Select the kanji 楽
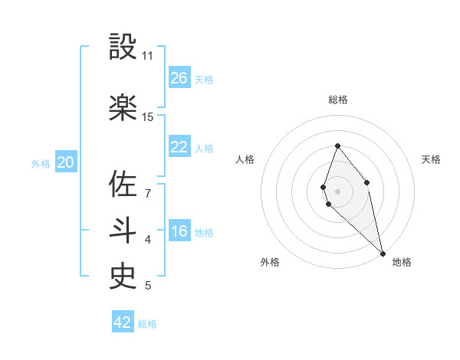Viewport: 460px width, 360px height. pyautogui.click(x=123, y=107)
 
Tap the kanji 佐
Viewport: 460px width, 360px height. pyautogui.click(x=123, y=184)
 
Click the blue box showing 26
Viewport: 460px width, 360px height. pyautogui.click(x=179, y=78)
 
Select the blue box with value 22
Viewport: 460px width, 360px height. pyautogui.click(x=179, y=147)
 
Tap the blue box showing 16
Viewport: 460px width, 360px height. pyautogui.click(x=179, y=231)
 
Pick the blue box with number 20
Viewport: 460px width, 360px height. pyautogui.click(x=66, y=162)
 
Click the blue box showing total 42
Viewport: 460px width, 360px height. pyautogui.click(x=123, y=322)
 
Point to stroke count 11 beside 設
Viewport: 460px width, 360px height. pyautogui.click(x=148, y=56)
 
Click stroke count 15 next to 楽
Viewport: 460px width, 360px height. pyautogui.click(x=148, y=117)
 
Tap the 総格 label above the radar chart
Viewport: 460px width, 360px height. pyautogui.click(x=338, y=100)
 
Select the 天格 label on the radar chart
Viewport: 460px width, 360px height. pyautogui.click(x=431, y=159)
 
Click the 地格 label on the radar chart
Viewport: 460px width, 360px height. pyautogui.click(x=402, y=262)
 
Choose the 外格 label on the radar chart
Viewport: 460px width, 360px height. pyautogui.click(x=270, y=262)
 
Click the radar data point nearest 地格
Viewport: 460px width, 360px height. pyautogui.click(x=383, y=252)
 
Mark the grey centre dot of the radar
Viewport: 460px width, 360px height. pyautogui.click(x=338, y=191)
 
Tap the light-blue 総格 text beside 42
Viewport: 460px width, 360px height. pyautogui.click(x=147, y=324)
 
